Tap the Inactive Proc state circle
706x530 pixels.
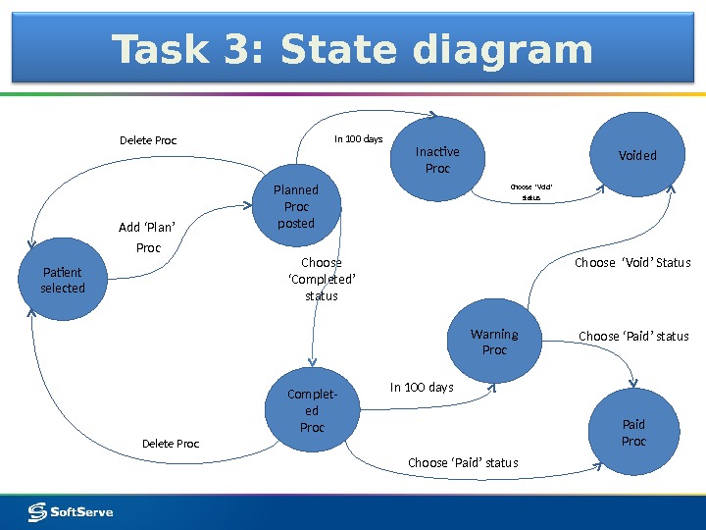pos(437,160)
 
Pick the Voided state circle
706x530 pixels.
pos(637,155)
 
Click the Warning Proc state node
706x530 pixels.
pos(494,342)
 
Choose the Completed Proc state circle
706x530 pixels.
pos(312,411)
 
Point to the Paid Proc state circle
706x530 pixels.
pos(633,433)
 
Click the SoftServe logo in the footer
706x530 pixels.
pos(71,511)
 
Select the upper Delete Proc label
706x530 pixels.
pos(148,140)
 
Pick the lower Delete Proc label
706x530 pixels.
pos(171,444)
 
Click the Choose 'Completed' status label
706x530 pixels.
pos(322,280)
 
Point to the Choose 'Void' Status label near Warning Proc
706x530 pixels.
pos(632,263)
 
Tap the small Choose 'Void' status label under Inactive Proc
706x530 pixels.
pos(531,191)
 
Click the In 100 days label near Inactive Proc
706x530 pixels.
pos(358,139)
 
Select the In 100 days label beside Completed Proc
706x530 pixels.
pos(422,388)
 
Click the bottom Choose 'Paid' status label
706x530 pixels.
pos(463,462)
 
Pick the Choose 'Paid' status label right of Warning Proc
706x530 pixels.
pos(633,336)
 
